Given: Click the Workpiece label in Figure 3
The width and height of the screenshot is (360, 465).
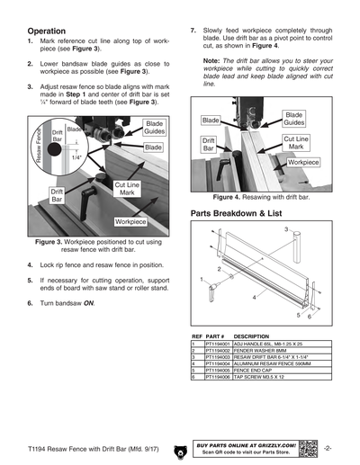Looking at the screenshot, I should (x=130, y=220).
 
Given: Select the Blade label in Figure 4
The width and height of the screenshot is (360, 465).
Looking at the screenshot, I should (x=211, y=120).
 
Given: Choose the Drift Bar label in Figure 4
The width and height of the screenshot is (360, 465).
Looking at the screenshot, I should (x=208, y=145).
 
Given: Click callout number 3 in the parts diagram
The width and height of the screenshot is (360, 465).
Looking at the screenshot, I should (x=286, y=231).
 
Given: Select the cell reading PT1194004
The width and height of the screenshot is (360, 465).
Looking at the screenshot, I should (x=218, y=362).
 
